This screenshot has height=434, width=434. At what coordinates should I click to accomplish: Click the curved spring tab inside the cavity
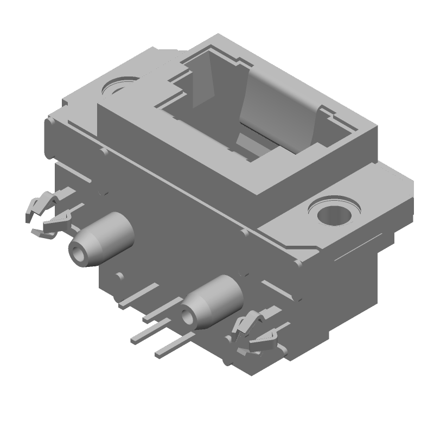(279, 108)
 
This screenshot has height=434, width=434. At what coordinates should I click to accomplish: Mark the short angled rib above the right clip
(271, 285)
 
